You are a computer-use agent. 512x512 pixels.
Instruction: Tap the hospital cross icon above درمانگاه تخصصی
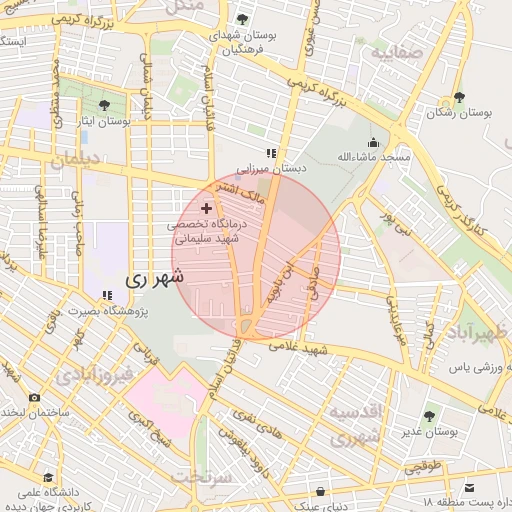207,209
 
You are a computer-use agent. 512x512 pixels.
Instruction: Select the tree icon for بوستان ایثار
106,104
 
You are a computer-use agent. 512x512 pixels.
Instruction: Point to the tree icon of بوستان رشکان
458,97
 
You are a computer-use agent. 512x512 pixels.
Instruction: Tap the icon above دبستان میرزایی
269,154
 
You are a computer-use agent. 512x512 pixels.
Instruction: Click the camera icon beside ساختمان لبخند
35,397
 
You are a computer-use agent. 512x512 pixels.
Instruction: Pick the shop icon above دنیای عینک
320,491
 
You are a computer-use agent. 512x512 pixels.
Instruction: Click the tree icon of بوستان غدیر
429,416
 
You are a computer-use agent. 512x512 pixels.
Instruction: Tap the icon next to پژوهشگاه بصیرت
106,296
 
